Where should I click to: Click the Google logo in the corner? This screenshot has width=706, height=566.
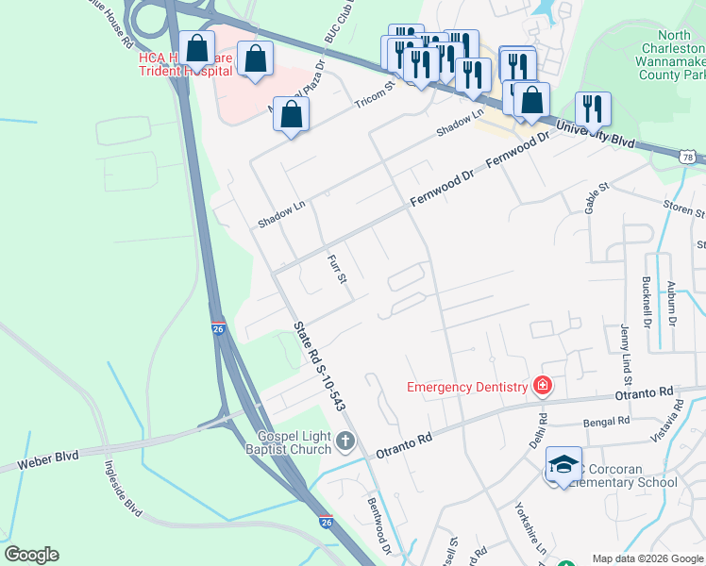click(31, 555)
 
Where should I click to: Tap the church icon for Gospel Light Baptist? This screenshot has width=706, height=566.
click(346, 441)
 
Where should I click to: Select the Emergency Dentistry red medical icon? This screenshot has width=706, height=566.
click(542, 385)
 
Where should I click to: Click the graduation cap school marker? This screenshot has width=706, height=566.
click(563, 464)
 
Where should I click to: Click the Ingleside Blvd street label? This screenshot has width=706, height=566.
click(122, 489)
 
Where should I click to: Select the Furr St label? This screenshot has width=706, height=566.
click(337, 268)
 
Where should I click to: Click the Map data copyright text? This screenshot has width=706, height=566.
click(647, 558)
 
